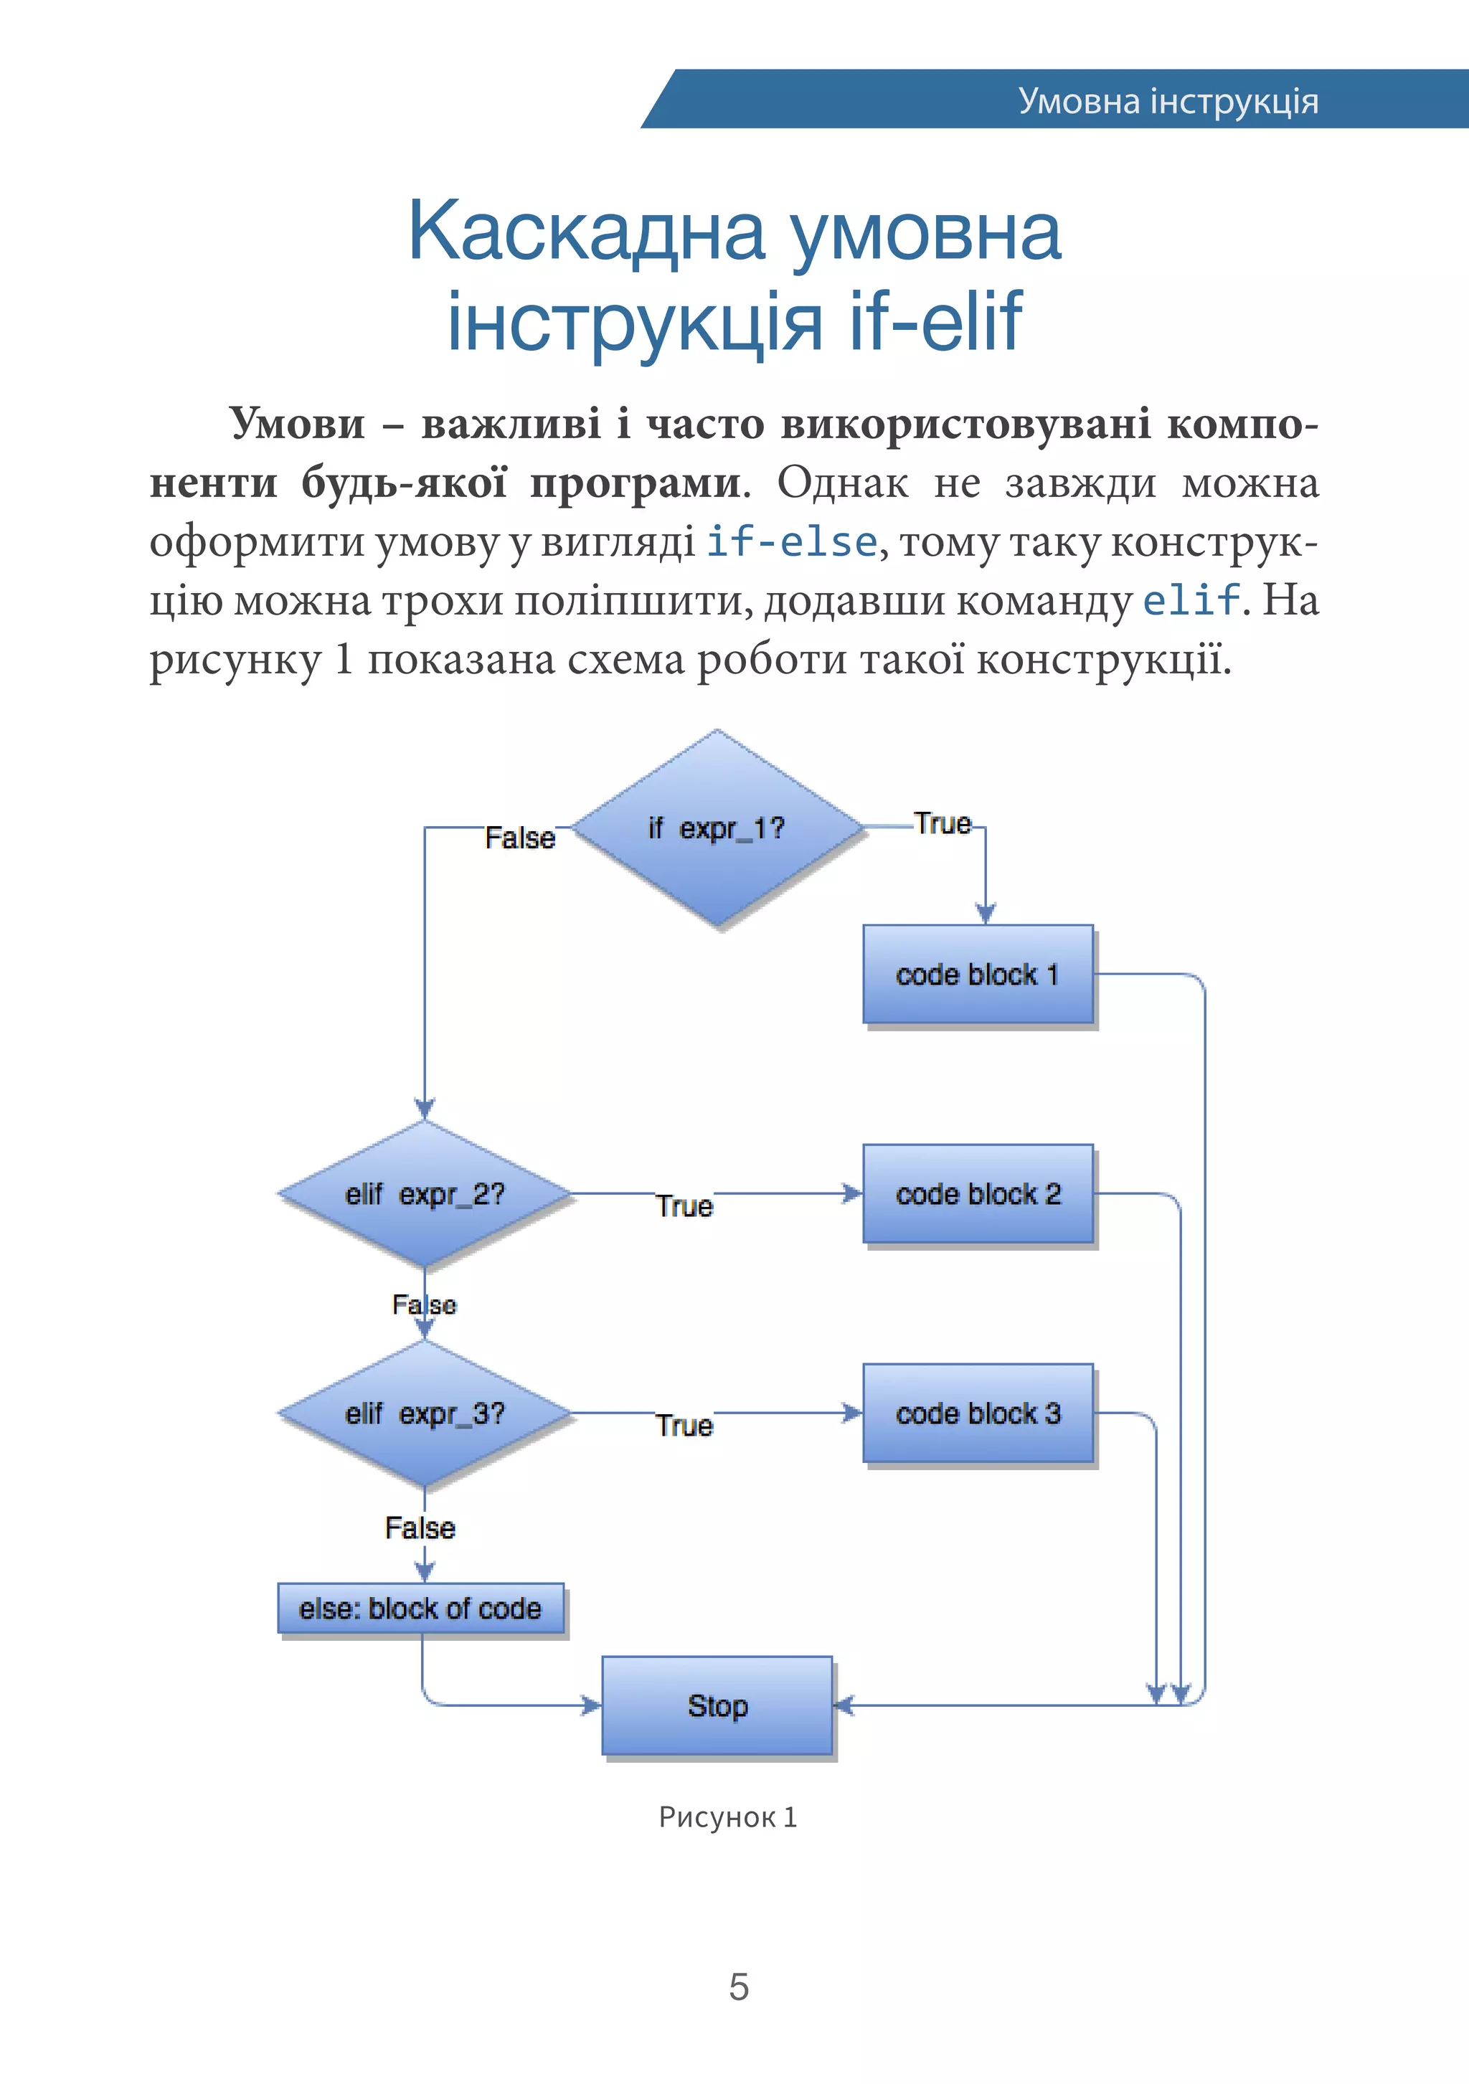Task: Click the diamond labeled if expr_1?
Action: [717, 828]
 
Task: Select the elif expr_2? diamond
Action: [424, 1193]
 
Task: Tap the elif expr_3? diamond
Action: [424, 1413]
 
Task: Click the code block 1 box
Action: [978, 974]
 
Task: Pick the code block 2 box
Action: [978, 1193]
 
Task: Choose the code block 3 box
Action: [978, 1413]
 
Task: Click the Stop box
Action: [717, 1705]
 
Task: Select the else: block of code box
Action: [420, 1609]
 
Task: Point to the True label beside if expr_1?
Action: [943, 823]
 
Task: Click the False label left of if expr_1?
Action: [519, 837]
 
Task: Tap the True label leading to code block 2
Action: [684, 1206]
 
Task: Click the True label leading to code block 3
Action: [684, 1426]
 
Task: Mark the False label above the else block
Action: [420, 1528]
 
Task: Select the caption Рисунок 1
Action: [727, 1817]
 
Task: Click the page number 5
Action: [738, 1987]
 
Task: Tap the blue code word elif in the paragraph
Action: [1190, 600]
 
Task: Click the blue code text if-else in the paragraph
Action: [790, 542]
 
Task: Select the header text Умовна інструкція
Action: [1168, 100]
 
